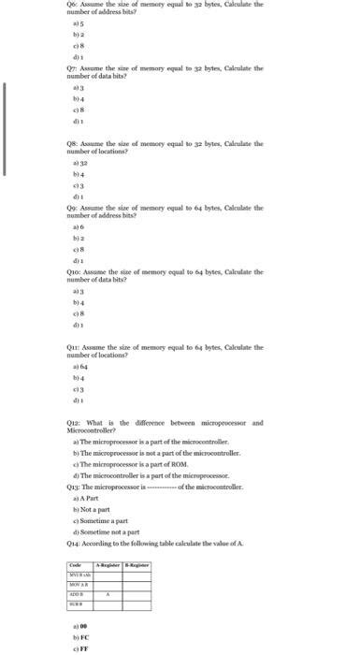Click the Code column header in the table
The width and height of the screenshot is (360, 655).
(x=81, y=566)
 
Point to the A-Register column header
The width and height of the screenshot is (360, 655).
(x=112, y=566)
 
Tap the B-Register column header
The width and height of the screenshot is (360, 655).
(x=138, y=566)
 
